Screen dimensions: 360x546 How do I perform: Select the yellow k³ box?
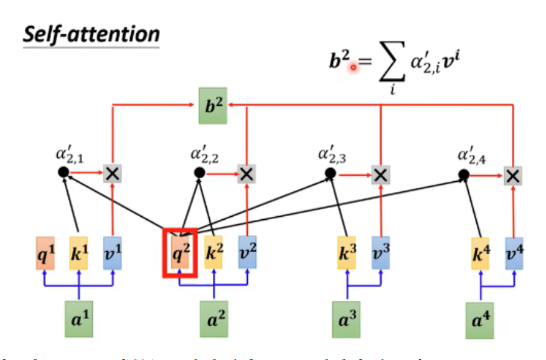[x=347, y=253]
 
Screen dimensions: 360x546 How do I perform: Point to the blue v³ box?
[x=380, y=253]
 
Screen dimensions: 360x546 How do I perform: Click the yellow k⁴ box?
[x=480, y=253]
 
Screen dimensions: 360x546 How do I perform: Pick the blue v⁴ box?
[x=514, y=253]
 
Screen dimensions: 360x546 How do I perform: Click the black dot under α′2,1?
[x=63, y=173]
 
